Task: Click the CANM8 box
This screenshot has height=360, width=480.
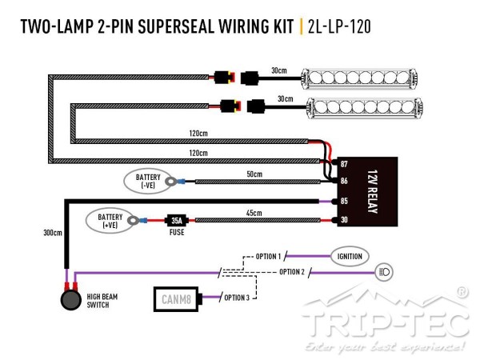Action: click(x=175, y=299)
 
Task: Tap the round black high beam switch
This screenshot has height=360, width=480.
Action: click(x=71, y=302)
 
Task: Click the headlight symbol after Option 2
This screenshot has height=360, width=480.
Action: click(x=383, y=272)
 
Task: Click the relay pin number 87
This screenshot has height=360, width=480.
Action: click(x=343, y=164)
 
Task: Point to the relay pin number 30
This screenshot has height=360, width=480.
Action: click(x=343, y=221)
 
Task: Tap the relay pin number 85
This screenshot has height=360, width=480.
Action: click(x=343, y=201)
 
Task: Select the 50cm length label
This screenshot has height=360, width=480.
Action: click(x=254, y=174)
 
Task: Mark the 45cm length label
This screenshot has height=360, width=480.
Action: click(x=254, y=212)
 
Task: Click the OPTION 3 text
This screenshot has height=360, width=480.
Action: click(x=237, y=298)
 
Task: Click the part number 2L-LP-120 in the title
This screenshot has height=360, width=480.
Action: click(x=338, y=27)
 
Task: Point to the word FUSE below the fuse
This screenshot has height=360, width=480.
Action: click(x=177, y=232)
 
